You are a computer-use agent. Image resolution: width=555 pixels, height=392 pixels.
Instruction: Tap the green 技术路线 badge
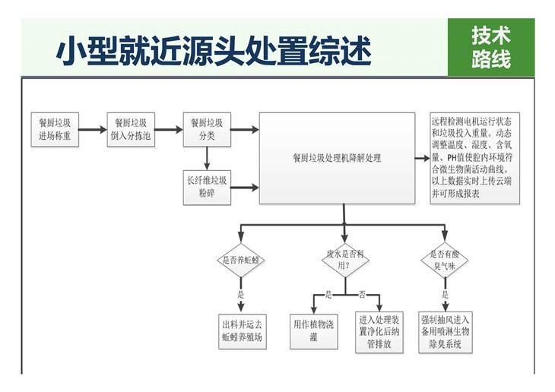pyautogui.click(x=490, y=47)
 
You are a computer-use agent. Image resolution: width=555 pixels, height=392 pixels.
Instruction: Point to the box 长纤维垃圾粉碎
pyautogui.click(x=207, y=188)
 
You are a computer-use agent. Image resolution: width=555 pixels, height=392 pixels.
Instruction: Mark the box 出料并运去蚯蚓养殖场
pyautogui.click(x=242, y=332)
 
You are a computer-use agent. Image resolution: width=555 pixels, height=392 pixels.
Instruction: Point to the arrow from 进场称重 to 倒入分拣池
pyautogui.click(x=93, y=129)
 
